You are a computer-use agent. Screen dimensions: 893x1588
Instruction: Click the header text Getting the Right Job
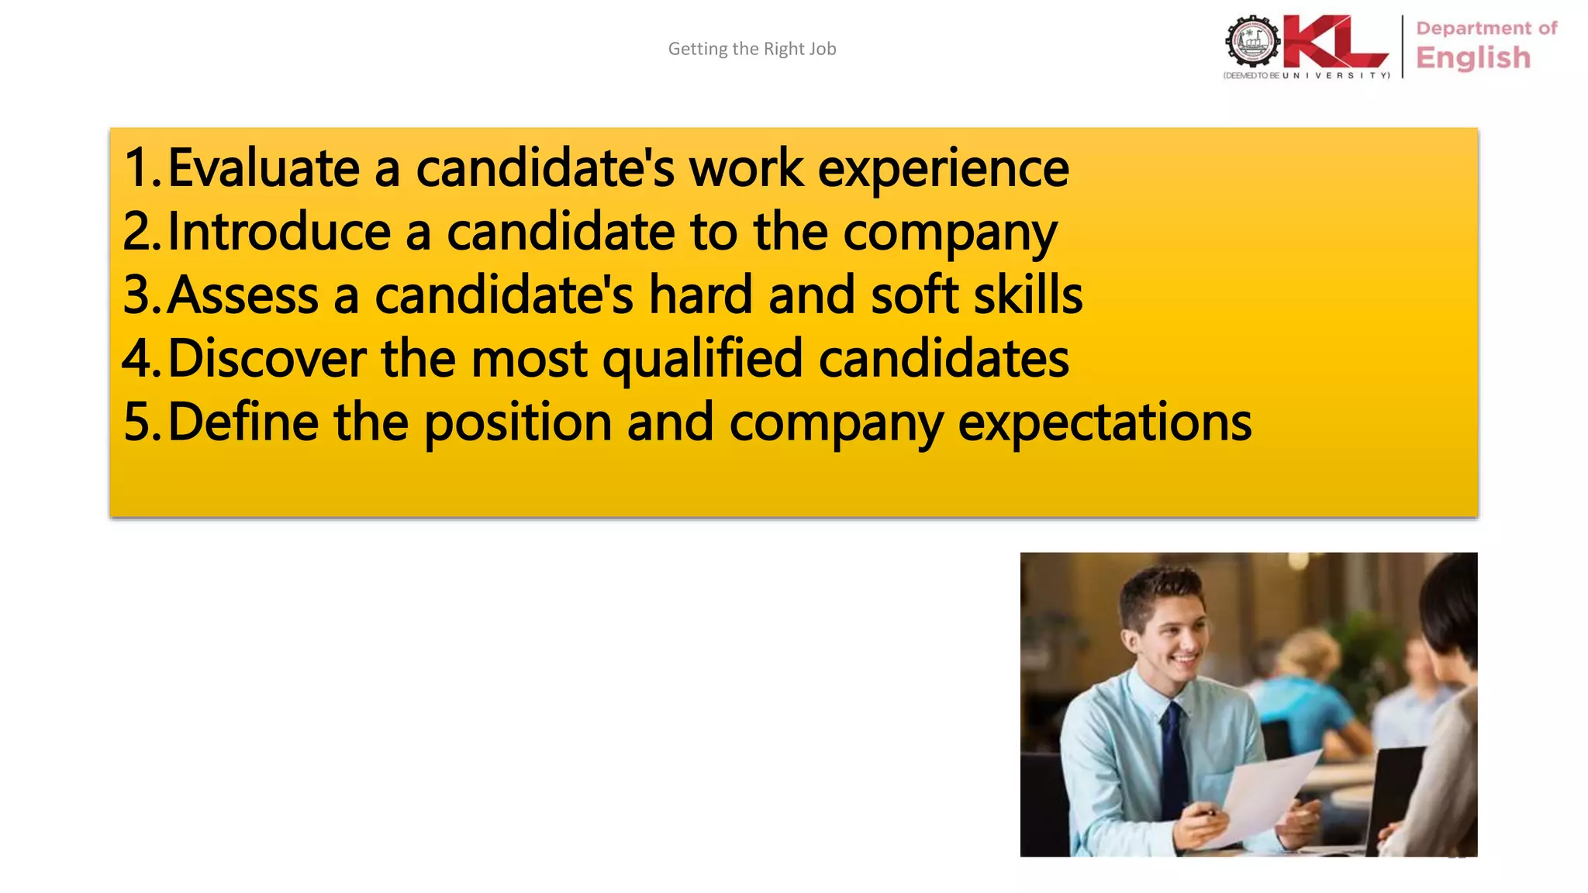click(751, 49)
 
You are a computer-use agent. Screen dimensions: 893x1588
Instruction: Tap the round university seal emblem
click(1251, 42)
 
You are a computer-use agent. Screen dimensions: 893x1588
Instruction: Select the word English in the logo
click(1473, 58)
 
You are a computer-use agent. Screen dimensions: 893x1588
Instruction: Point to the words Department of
click(1486, 29)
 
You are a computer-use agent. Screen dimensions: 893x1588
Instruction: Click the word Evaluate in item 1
click(264, 168)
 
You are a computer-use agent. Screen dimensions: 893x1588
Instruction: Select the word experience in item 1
click(943, 170)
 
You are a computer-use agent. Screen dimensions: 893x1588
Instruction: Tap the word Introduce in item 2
click(279, 232)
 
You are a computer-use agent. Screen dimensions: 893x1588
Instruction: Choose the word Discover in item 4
click(267, 359)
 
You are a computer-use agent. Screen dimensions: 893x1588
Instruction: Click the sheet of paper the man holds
click(1264, 798)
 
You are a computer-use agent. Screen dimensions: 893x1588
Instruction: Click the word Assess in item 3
click(243, 295)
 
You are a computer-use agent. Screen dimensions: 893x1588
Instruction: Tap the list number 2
click(140, 232)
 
